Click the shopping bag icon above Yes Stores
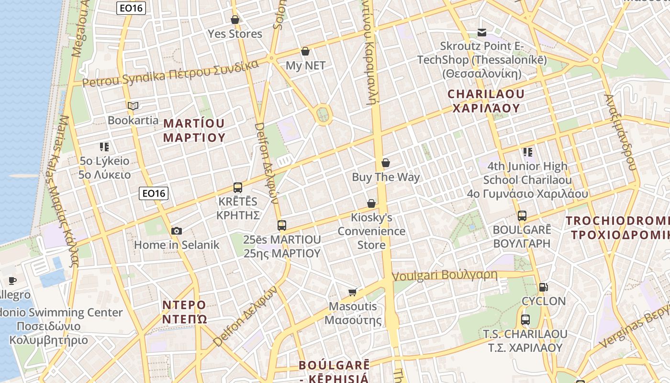(x=235, y=20)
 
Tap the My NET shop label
(x=305, y=66)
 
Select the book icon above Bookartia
(x=133, y=106)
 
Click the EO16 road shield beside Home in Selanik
(x=154, y=193)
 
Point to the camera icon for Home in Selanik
(x=177, y=231)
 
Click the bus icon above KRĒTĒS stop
(x=238, y=187)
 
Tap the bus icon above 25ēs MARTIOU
(x=282, y=225)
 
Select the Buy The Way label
(x=386, y=177)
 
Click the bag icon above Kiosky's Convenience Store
(x=371, y=203)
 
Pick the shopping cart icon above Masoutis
(x=353, y=292)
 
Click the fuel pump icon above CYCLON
(x=543, y=287)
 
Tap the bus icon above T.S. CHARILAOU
(x=525, y=319)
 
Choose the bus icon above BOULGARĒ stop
(x=522, y=215)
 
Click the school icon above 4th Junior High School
(x=527, y=152)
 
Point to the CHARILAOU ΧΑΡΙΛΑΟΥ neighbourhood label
(x=486, y=101)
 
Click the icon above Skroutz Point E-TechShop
(x=482, y=33)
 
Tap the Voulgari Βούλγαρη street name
(x=445, y=276)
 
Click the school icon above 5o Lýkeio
(x=104, y=146)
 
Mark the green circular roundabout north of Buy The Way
(x=323, y=114)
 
